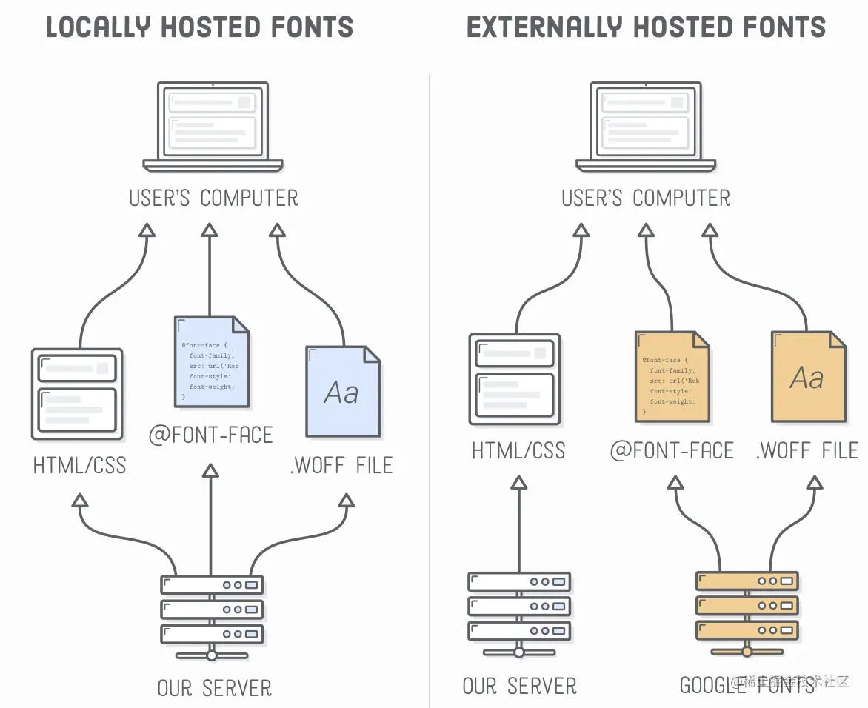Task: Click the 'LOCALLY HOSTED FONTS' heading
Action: click(199, 27)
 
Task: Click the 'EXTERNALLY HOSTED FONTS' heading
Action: click(646, 27)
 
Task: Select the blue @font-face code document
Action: click(211, 362)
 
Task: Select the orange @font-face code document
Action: click(672, 377)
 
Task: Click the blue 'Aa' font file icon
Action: click(343, 390)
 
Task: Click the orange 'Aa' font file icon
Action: click(808, 377)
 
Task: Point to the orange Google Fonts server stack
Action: click(747, 607)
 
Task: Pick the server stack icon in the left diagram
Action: click(212, 610)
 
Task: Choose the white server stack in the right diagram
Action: click(519, 607)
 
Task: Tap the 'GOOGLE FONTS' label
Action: click(747, 685)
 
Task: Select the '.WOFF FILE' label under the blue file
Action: click(341, 465)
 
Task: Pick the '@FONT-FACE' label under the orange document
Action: click(672, 450)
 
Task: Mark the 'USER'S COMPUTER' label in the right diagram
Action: click(646, 198)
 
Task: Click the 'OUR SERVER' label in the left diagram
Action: click(215, 687)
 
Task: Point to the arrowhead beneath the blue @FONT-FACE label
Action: click(211, 471)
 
